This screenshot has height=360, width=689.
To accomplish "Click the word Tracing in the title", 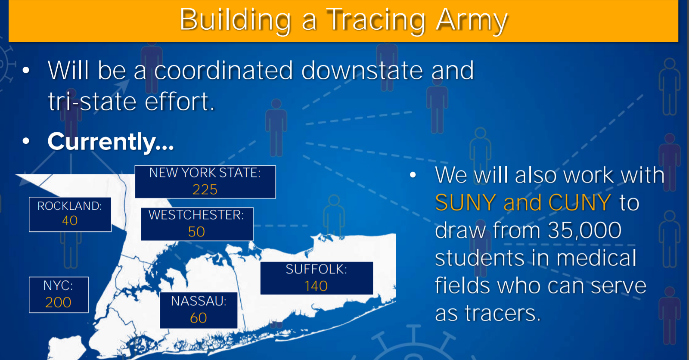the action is click(376, 20).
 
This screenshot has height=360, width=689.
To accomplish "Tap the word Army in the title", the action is click(472, 20).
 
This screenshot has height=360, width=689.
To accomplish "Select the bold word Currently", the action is click(110, 142).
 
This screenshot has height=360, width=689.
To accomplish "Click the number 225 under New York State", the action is click(205, 189).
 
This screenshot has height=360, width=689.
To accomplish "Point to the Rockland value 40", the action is click(70, 220).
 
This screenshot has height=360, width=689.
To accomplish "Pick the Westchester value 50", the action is click(196, 232).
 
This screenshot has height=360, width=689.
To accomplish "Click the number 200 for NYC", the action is click(58, 302).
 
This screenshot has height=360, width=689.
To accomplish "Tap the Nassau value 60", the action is click(199, 318).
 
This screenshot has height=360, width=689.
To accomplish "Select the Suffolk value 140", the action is click(316, 286).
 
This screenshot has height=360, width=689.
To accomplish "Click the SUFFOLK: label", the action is click(317, 269).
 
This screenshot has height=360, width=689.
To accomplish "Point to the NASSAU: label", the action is click(199, 301).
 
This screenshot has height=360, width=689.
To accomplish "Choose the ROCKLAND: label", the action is click(70, 206).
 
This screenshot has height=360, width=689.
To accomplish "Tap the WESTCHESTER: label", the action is click(196, 215).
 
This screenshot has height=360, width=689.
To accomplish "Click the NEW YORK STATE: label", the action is click(205, 173).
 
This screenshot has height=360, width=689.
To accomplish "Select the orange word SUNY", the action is click(466, 203).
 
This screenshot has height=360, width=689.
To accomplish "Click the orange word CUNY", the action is click(580, 203).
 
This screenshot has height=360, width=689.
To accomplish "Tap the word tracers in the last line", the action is click(503, 313).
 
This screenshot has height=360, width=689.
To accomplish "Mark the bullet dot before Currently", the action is click(26, 141).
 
